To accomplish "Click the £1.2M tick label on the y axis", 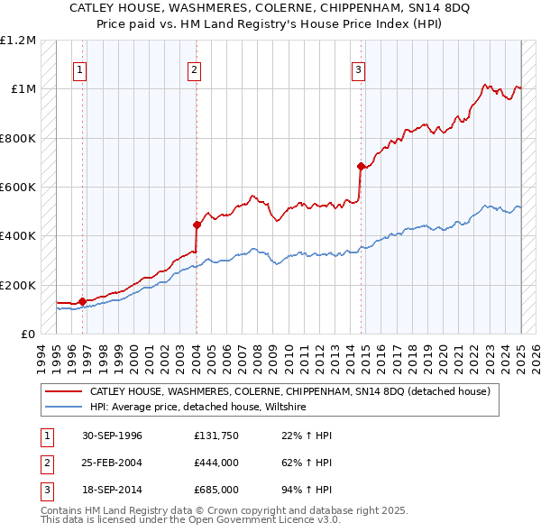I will pyautogui.click(x=18, y=41).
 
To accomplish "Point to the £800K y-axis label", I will pyautogui.click(x=18, y=138).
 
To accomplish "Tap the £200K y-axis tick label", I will pyautogui.click(x=18, y=285).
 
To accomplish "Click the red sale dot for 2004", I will pyautogui.click(x=197, y=225).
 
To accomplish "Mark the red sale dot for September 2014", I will pyautogui.click(x=361, y=166).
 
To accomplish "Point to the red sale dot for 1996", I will pyautogui.click(x=82, y=301).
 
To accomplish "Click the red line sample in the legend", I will pyautogui.click(x=63, y=392).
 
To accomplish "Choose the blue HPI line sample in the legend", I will pyautogui.click(x=63, y=408).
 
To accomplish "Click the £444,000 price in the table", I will pyautogui.click(x=215, y=463).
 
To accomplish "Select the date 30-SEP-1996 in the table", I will pyautogui.click(x=112, y=436).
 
